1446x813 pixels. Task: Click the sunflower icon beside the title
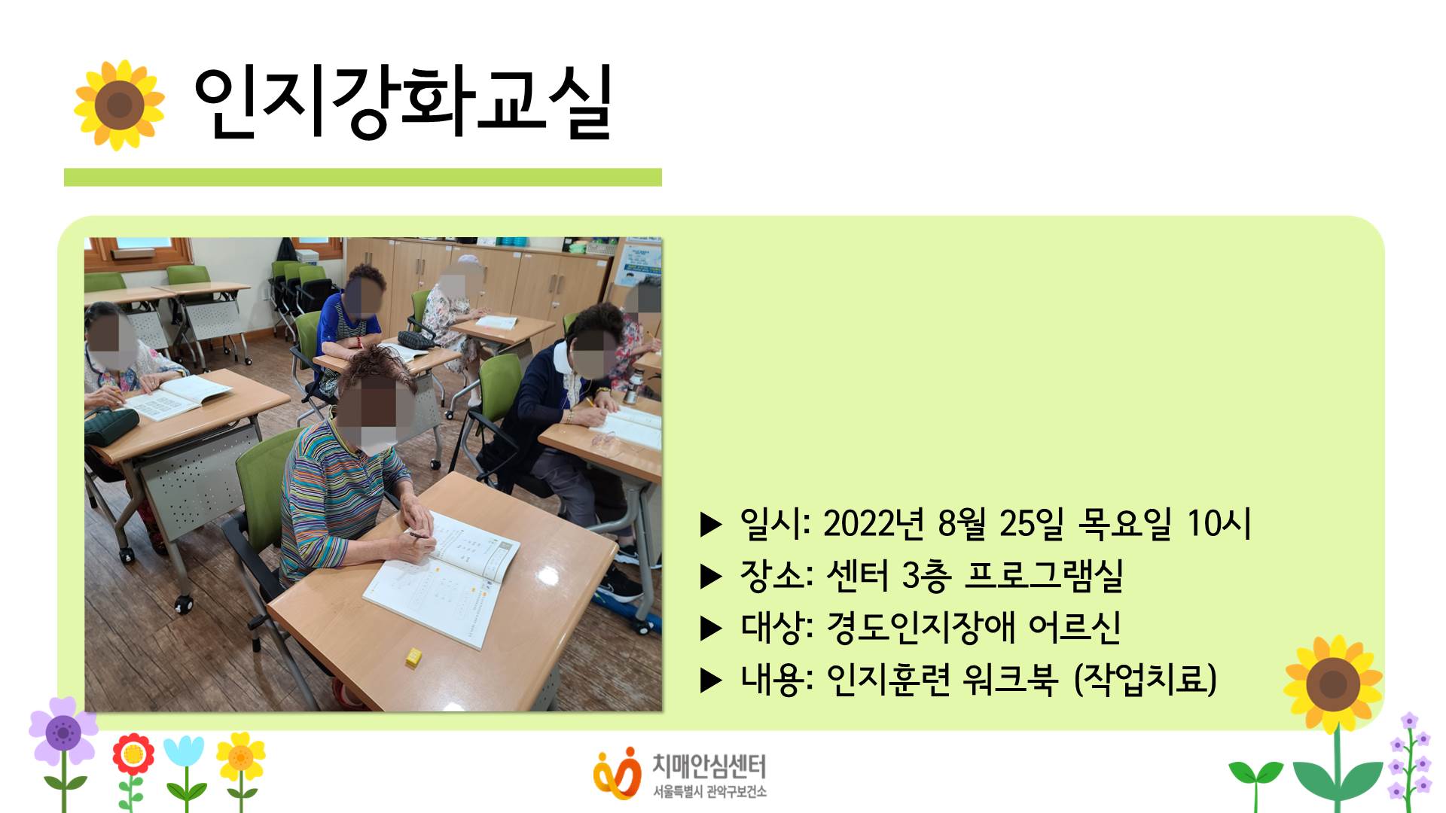pyautogui.click(x=119, y=105)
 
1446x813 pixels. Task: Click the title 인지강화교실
pyautogui.click(x=403, y=103)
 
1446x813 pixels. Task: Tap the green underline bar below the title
pyautogui.click(x=362, y=177)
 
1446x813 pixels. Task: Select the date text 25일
pyautogui.click(x=1031, y=523)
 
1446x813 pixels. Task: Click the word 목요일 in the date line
pyautogui.click(x=1125, y=523)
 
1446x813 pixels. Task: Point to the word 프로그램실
pyautogui.click(x=1044, y=576)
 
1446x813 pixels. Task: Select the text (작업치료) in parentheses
pyautogui.click(x=1145, y=679)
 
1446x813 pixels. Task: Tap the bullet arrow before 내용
pyautogui.click(x=711, y=681)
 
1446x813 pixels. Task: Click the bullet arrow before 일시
pyautogui.click(x=711, y=525)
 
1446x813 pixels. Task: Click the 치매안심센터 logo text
pyautogui.click(x=708, y=767)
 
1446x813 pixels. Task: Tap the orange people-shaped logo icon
pyautogui.click(x=616, y=773)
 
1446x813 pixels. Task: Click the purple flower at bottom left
pyautogui.click(x=63, y=732)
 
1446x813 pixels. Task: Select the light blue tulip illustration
pyautogui.click(x=184, y=753)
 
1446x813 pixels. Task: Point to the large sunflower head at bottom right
pyautogui.click(x=1333, y=684)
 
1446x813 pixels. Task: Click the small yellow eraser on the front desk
pyautogui.click(x=413, y=656)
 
